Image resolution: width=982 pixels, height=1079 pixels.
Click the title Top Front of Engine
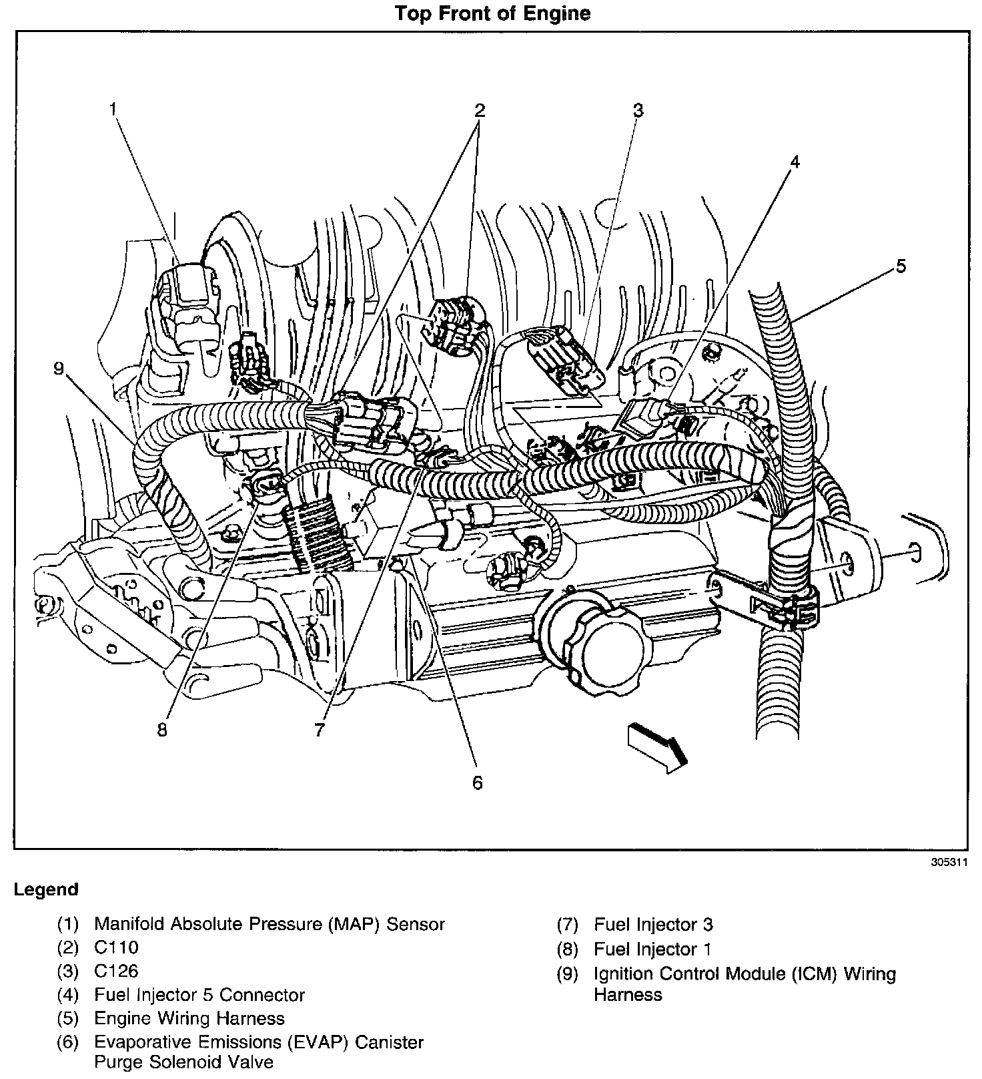(x=492, y=13)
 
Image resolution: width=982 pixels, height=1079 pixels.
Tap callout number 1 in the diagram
(x=114, y=109)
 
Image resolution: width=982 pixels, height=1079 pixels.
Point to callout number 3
(x=638, y=110)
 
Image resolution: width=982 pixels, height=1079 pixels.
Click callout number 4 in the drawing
(x=794, y=162)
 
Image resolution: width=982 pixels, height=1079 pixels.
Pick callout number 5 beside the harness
(x=901, y=266)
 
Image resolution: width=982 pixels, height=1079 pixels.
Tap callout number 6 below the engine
(x=477, y=782)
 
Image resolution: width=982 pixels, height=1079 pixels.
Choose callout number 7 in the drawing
(x=320, y=730)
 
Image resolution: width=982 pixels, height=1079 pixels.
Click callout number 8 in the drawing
(x=162, y=729)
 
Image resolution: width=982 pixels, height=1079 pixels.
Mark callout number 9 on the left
(x=59, y=369)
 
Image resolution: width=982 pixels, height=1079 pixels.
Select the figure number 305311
(x=949, y=862)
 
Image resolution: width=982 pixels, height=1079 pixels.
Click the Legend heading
(x=46, y=889)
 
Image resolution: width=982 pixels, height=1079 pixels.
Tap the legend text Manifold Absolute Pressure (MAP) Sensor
(x=269, y=924)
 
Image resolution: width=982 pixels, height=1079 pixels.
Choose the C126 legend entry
(x=116, y=971)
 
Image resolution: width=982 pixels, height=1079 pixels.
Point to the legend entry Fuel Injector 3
(x=653, y=925)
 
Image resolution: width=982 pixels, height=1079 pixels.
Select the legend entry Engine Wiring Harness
(x=189, y=1018)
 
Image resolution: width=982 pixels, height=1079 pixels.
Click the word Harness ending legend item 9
(x=628, y=995)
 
